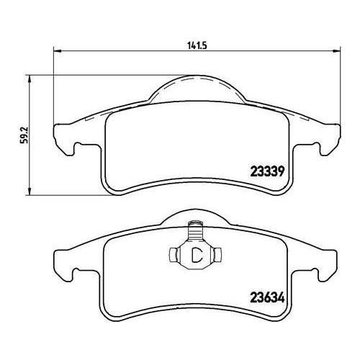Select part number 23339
268,172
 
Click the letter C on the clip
195,254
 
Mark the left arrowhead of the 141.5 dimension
58,51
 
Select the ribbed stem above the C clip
195,232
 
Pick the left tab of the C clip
174,254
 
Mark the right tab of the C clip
217,254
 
